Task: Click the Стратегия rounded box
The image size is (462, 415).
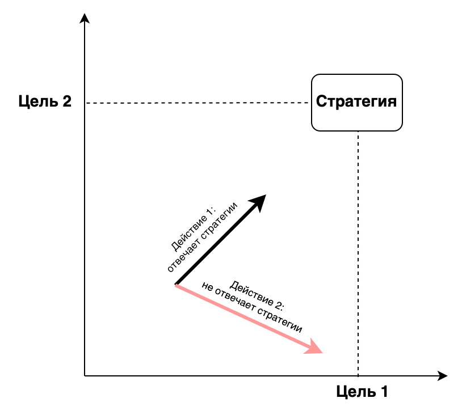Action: tap(357, 103)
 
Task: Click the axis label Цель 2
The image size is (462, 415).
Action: tap(45, 101)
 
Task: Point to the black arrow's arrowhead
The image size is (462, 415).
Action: tap(258, 202)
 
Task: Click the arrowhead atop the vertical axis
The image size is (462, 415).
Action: tap(85, 18)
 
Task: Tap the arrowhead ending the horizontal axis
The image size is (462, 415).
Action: tap(443, 376)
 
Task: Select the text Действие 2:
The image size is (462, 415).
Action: tap(257, 295)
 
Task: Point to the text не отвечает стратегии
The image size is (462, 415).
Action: tap(252, 307)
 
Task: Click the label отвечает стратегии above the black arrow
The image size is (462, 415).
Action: tap(202, 237)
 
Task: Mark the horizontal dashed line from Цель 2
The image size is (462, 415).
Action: tap(197, 103)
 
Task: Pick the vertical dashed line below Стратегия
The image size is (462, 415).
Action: tap(358, 254)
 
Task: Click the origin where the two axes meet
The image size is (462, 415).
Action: tap(85, 376)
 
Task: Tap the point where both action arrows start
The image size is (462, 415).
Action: tap(176, 285)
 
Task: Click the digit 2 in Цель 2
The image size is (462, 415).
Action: tap(67, 101)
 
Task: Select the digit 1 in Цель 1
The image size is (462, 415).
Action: tap(384, 392)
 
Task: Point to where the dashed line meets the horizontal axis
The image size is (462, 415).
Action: tap(358, 376)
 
